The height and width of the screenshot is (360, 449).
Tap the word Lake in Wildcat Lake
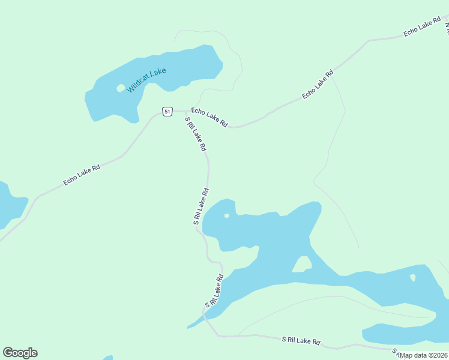(x=158, y=71)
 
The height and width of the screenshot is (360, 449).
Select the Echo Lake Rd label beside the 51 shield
(x=209, y=117)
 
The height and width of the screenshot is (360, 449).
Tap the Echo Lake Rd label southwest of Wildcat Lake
(x=82, y=174)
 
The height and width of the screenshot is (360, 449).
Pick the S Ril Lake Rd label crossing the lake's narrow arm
(x=214, y=290)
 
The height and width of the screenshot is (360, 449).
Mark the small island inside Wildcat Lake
(x=121, y=88)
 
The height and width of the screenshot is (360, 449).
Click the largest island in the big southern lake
(x=302, y=264)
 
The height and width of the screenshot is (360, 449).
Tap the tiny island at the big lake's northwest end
(x=226, y=215)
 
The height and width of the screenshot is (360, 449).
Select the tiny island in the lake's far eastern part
(x=412, y=277)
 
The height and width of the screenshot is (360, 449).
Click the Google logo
(x=20, y=353)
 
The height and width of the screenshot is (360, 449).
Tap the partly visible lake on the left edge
(x=9, y=204)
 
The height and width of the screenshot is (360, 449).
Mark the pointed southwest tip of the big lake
(x=188, y=328)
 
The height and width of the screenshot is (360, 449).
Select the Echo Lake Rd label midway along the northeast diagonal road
(x=318, y=85)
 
